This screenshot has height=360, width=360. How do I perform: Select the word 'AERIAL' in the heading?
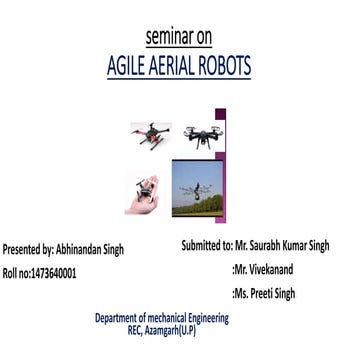tap(181, 66)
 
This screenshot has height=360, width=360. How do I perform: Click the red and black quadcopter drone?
tap(150, 134)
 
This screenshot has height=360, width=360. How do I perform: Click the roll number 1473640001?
tap(53, 272)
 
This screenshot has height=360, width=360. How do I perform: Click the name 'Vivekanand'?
tap(273, 268)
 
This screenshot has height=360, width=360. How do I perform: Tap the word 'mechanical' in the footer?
tap(177, 318)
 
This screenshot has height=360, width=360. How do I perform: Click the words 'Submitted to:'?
tap(206, 245)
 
